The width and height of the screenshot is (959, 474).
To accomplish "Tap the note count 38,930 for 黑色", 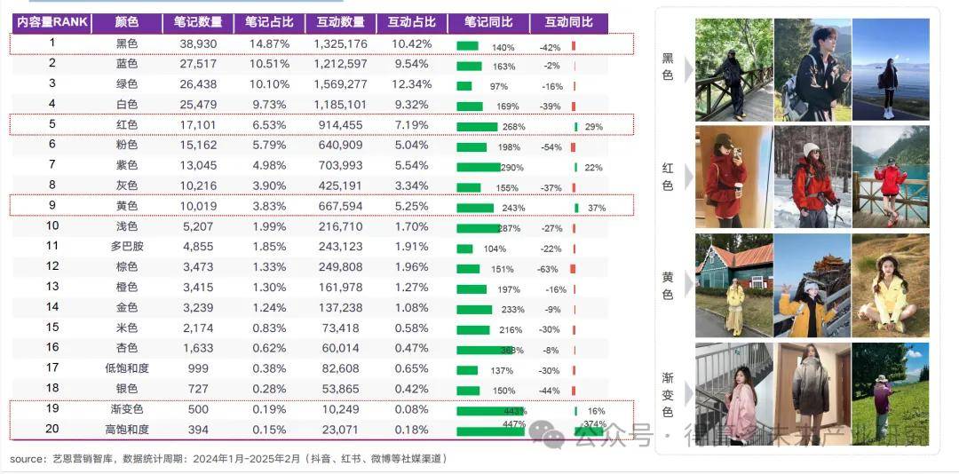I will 199,43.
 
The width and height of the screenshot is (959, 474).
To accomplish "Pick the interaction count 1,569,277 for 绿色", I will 340,84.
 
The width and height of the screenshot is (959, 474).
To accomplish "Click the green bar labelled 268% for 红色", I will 477,126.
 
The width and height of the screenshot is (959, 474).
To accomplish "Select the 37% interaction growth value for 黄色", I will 596,208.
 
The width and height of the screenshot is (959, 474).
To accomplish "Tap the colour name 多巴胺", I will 127,247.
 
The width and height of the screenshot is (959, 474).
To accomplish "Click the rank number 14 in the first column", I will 52,306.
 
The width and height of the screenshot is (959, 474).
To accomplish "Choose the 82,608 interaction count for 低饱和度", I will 340,368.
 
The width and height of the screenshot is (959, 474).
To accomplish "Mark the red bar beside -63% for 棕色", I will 574,268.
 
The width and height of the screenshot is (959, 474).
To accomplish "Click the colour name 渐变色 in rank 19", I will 127,409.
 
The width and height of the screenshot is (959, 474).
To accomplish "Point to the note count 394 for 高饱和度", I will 199,430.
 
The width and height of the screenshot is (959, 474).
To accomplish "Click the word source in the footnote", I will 28,459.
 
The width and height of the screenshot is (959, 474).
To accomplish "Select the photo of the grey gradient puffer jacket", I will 811,391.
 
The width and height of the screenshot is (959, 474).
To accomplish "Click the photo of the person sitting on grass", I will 890,285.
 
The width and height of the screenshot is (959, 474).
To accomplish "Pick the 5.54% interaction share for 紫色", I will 411,166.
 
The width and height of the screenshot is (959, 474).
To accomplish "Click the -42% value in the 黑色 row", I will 550,47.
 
